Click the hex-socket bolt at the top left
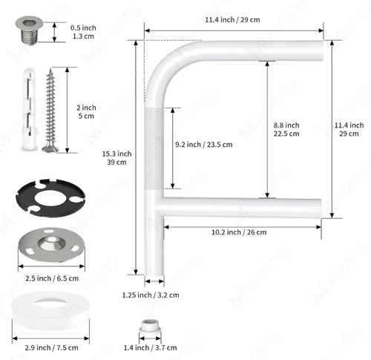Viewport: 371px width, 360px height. [29, 30]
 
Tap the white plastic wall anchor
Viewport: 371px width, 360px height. [30, 110]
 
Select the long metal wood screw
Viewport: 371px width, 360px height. [50, 111]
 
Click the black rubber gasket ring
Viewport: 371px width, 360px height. [50, 198]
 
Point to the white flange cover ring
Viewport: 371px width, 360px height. [50, 310]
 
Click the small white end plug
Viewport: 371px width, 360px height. [150, 327]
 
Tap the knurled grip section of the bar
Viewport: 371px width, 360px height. [154, 149]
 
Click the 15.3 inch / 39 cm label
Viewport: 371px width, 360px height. [116, 158]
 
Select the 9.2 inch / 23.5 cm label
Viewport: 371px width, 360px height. [204, 145]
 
